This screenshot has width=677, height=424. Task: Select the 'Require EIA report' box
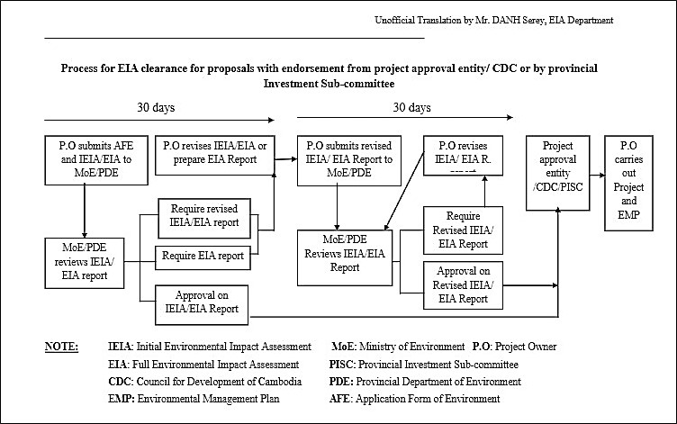tap(203, 256)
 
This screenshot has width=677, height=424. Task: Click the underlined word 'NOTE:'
tap(61, 347)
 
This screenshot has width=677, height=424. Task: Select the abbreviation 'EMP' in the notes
tap(121, 399)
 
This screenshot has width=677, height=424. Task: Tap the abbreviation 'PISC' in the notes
tap(346, 365)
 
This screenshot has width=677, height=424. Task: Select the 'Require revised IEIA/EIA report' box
tap(203, 214)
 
